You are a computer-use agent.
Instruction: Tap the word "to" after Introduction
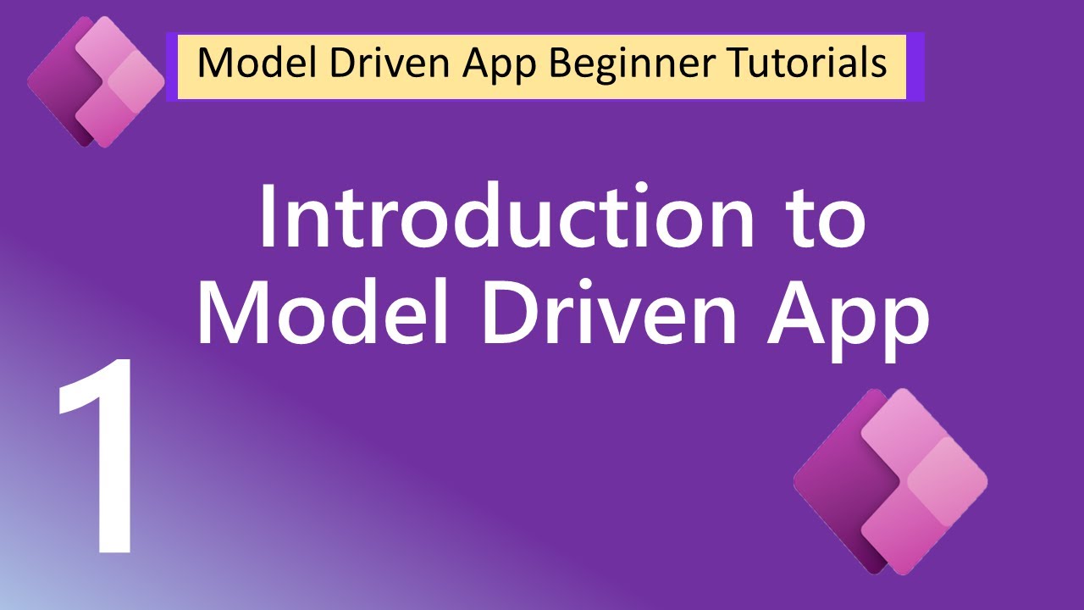[824, 219]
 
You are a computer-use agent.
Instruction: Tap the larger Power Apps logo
[890, 481]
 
